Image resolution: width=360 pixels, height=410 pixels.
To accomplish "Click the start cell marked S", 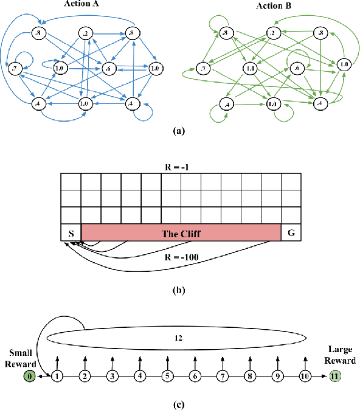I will coord(71,232).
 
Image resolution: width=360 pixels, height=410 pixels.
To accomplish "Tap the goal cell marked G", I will coord(291,232).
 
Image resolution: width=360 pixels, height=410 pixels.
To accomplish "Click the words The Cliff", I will coord(181,232).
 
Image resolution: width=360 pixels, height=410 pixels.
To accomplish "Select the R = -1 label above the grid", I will coord(181,166).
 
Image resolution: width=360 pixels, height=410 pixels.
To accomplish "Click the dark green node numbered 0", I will coord(29,377).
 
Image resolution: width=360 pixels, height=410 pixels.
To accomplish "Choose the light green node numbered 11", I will coord(333,377).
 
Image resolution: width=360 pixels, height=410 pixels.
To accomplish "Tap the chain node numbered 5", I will coord(167,377).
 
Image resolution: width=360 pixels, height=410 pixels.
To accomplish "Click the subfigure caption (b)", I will coord(180,290).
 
